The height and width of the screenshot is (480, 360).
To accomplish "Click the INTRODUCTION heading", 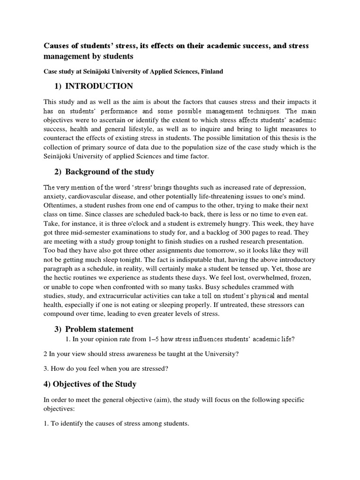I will point(99,86).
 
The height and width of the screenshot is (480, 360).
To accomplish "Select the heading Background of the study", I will point(110,172).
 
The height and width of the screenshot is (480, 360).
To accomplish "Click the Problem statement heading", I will point(99,329).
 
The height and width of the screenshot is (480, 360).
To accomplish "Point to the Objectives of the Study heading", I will point(90,384).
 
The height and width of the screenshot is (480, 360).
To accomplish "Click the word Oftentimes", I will point(61,205).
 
